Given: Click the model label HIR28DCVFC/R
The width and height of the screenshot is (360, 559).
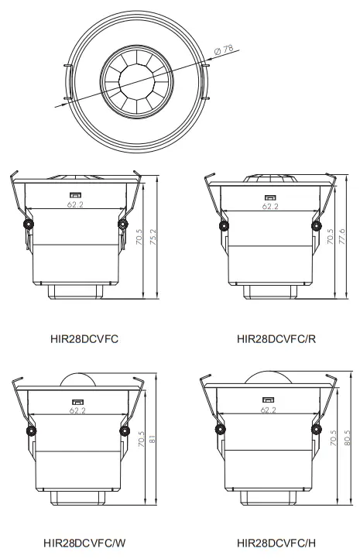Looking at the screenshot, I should click(273, 339).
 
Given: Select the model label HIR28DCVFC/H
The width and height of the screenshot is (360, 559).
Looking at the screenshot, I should click(273, 544).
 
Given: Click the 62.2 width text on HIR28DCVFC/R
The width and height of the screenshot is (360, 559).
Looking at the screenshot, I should click(269, 206).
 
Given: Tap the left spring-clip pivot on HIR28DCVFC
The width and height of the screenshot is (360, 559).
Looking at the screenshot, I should click(28, 224).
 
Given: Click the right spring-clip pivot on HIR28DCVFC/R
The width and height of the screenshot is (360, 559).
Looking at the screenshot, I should click(317, 225).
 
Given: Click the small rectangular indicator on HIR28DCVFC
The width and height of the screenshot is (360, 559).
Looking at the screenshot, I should click(77, 195).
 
